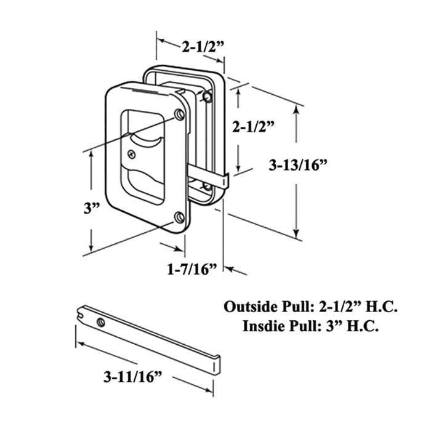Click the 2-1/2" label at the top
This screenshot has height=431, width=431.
pyautogui.click(x=201, y=46)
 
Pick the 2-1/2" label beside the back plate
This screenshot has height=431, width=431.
pyautogui.click(x=252, y=127)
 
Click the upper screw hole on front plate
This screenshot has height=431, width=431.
pyautogui.click(x=179, y=115)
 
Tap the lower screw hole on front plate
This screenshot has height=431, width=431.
pyautogui.click(x=179, y=217)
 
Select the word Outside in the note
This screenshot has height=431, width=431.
pyautogui.click(x=247, y=306)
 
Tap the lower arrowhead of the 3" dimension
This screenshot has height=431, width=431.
pyautogui.click(x=91, y=248)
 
